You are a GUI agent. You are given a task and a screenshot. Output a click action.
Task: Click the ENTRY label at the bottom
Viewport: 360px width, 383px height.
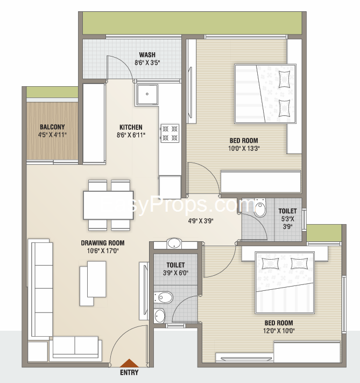tap(129, 373)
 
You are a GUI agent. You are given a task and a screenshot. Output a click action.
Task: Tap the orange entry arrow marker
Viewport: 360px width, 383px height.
tap(130, 364)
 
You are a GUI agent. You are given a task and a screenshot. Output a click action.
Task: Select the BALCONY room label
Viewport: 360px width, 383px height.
tap(52, 127)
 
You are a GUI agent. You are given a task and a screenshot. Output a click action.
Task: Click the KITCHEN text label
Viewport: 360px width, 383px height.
tap(130, 127)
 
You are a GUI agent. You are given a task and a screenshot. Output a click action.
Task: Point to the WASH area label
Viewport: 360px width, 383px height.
tap(147, 55)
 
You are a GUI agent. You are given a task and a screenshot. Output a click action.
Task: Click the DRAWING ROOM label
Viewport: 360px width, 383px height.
tap(100, 242)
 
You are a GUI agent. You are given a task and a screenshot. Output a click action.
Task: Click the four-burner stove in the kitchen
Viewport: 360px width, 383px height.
tap(170, 133)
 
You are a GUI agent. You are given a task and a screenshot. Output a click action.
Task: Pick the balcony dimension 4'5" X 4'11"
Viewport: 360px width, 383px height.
tap(52, 135)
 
